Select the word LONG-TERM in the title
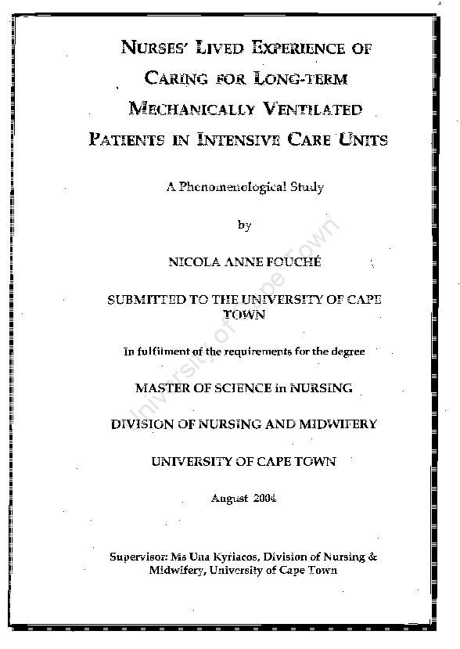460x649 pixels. (x=300, y=78)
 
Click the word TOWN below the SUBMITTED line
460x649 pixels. (x=244, y=315)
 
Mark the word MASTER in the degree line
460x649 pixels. (x=161, y=388)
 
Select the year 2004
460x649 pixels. (x=264, y=499)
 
